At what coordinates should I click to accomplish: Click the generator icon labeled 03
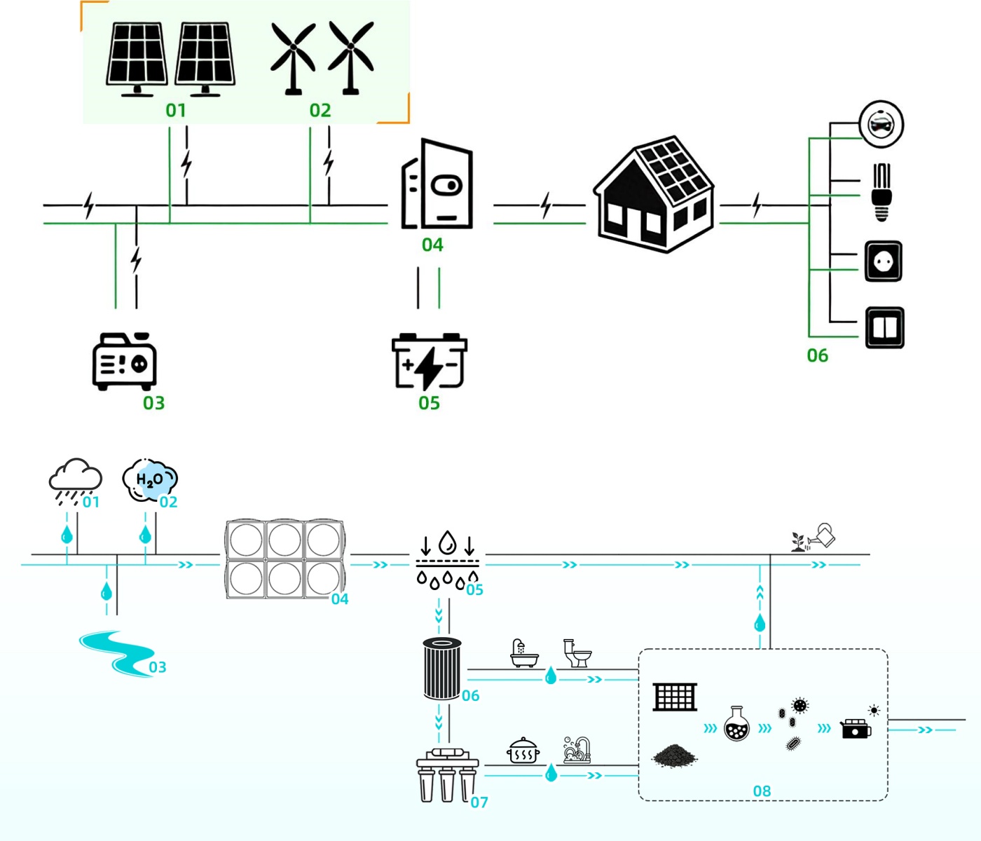(124, 361)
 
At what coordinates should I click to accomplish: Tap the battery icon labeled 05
(429, 361)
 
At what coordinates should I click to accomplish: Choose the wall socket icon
(883, 261)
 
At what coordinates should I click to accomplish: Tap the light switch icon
(884, 327)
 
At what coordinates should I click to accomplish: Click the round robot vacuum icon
(881, 124)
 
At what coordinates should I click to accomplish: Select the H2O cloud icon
(149, 480)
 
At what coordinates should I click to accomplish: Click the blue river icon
(116, 652)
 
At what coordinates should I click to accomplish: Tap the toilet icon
(578, 653)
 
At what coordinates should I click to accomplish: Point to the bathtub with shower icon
(523, 653)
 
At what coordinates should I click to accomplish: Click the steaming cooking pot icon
(523, 751)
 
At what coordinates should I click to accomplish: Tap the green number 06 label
(817, 355)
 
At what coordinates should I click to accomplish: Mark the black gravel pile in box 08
(674, 755)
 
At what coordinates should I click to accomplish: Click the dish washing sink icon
(577, 750)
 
